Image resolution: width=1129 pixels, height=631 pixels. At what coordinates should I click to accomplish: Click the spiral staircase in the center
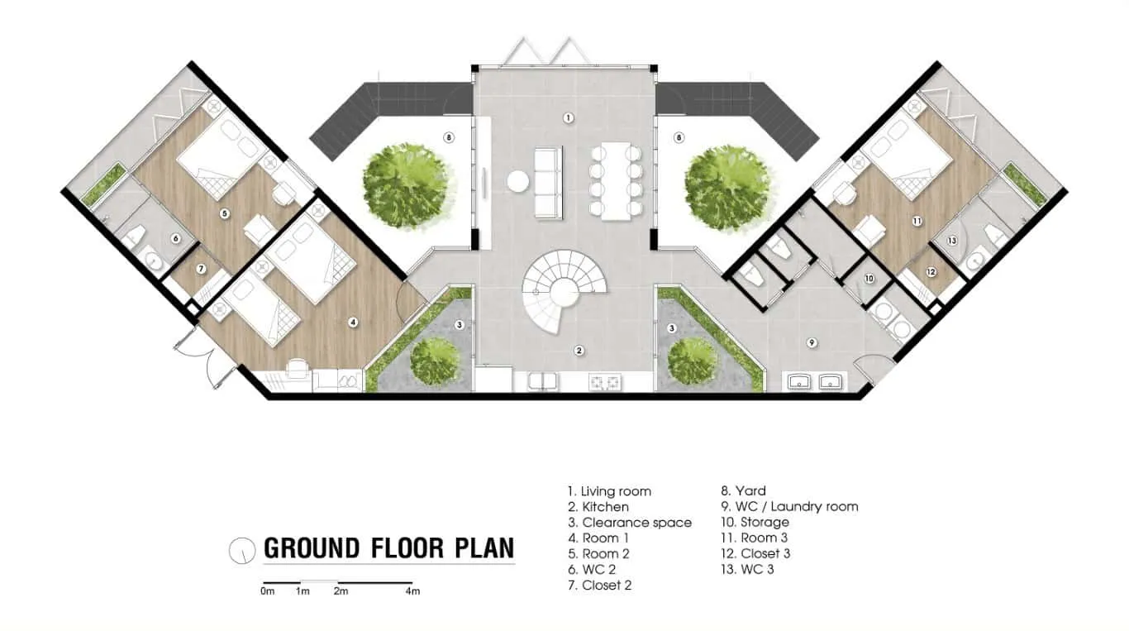(564, 286)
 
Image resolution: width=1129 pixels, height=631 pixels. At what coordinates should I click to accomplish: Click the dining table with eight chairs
(612, 182)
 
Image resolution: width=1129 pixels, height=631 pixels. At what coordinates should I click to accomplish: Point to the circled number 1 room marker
(569, 118)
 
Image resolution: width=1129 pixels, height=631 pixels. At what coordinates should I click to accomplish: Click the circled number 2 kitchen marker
(579, 351)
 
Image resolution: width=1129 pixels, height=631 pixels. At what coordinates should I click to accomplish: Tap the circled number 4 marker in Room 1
(353, 323)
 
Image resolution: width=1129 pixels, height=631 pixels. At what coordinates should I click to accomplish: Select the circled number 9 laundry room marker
(812, 342)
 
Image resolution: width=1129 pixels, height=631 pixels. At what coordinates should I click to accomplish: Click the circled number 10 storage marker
(869, 279)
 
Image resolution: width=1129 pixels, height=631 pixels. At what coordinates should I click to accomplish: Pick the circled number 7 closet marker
(201, 270)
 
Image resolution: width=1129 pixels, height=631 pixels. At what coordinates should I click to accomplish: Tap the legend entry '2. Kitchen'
(598, 507)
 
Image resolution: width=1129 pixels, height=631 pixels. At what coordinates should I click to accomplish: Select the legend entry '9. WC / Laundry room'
(789, 507)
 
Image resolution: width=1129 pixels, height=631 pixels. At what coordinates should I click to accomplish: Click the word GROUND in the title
(312, 548)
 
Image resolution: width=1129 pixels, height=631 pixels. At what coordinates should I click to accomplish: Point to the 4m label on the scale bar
(412, 591)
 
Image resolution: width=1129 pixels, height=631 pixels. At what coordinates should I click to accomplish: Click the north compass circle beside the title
(241, 549)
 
